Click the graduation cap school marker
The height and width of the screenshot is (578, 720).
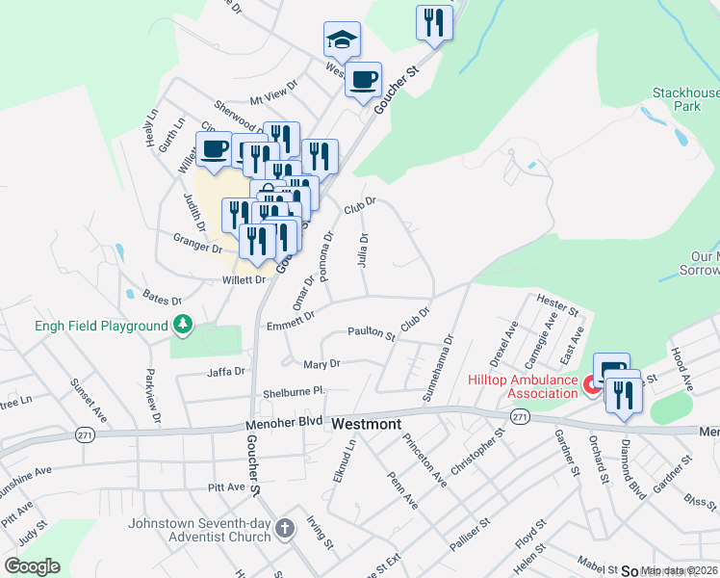point(342,39)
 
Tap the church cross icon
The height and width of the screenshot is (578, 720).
point(284,528)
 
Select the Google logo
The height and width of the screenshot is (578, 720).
point(32,566)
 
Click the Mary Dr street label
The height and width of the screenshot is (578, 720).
point(321,364)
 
